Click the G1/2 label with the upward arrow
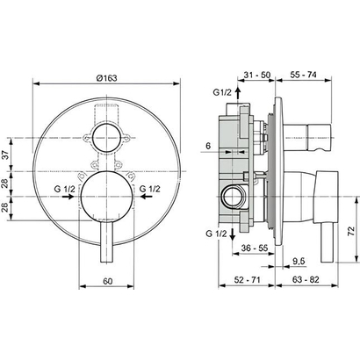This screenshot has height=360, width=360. [223, 92]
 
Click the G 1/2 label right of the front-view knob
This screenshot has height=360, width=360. [150, 187]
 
